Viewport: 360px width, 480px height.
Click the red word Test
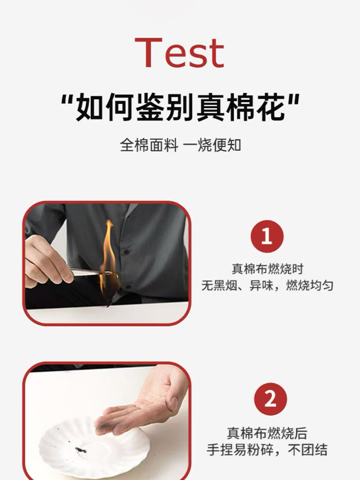(x=180, y=52)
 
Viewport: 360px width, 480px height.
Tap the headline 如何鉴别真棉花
(x=180, y=107)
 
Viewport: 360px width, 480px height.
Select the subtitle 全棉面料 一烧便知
(x=180, y=145)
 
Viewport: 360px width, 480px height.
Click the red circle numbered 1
(x=267, y=236)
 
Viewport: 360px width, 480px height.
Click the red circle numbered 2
(x=270, y=399)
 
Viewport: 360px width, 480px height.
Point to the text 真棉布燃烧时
(x=267, y=269)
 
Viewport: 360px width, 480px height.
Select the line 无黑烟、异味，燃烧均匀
(x=267, y=286)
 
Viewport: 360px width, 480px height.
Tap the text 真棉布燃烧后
(x=267, y=433)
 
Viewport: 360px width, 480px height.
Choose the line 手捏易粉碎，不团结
(x=267, y=450)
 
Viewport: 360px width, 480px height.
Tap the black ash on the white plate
(x=81, y=450)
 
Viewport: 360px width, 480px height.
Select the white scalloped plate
(x=93, y=447)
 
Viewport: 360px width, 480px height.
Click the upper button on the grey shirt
(x=126, y=252)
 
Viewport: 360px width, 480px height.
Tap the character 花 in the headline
(x=271, y=107)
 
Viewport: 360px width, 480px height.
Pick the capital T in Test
(x=149, y=52)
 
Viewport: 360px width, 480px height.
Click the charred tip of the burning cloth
(x=108, y=305)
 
